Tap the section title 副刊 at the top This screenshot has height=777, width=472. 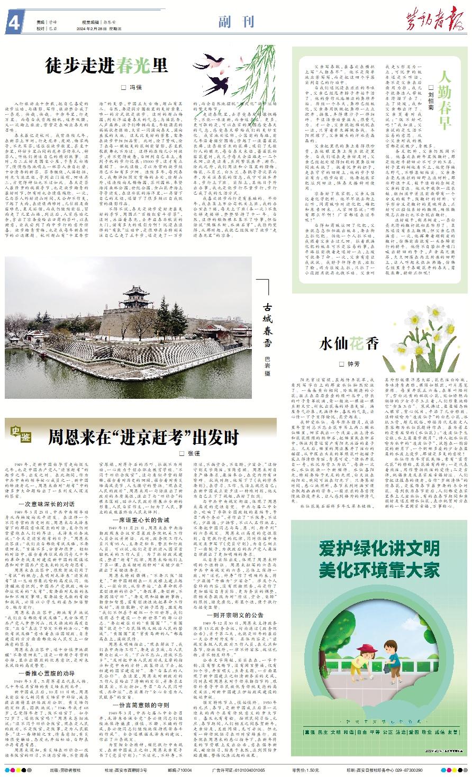[x=236, y=22]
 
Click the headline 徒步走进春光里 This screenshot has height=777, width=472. [x=106, y=65]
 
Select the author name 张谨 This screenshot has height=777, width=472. [x=191, y=453]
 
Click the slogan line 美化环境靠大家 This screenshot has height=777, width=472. [x=380, y=570]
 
